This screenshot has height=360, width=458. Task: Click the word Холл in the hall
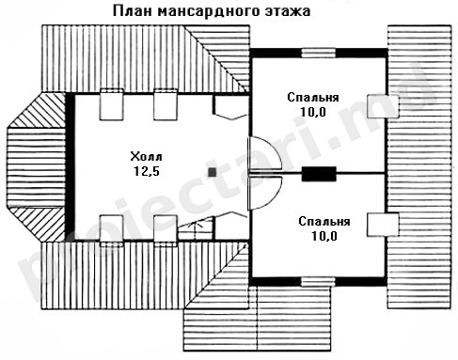(x=147, y=156)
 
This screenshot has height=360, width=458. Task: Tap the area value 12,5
(x=147, y=171)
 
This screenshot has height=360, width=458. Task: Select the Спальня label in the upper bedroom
(x=313, y=98)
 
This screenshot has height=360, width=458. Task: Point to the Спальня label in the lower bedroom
(x=324, y=222)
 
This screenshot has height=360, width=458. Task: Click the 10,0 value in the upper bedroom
(x=313, y=112)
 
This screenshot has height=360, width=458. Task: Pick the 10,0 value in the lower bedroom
(x=324, y=236)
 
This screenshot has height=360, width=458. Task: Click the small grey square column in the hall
(x=213, y=172)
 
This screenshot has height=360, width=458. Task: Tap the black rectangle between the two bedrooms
(x=319, y=174)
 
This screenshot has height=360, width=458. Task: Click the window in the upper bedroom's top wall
(x=319, y=53)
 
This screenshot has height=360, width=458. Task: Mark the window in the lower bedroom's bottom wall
(x=319, y=281)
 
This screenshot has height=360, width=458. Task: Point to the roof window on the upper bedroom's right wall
(x=383, y=106)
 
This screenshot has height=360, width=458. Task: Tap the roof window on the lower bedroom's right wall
(x=383, y=225)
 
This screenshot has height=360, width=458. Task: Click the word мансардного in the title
(x=209, y=11)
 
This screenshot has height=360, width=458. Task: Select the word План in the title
(x=133, y=11)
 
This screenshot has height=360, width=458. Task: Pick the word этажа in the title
(x=288, y=11)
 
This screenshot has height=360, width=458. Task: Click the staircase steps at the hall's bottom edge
(x=195, y=231)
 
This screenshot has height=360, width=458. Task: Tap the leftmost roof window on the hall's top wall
(x=111, y=104)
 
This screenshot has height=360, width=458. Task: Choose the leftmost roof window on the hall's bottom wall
(x=111, y=231)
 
